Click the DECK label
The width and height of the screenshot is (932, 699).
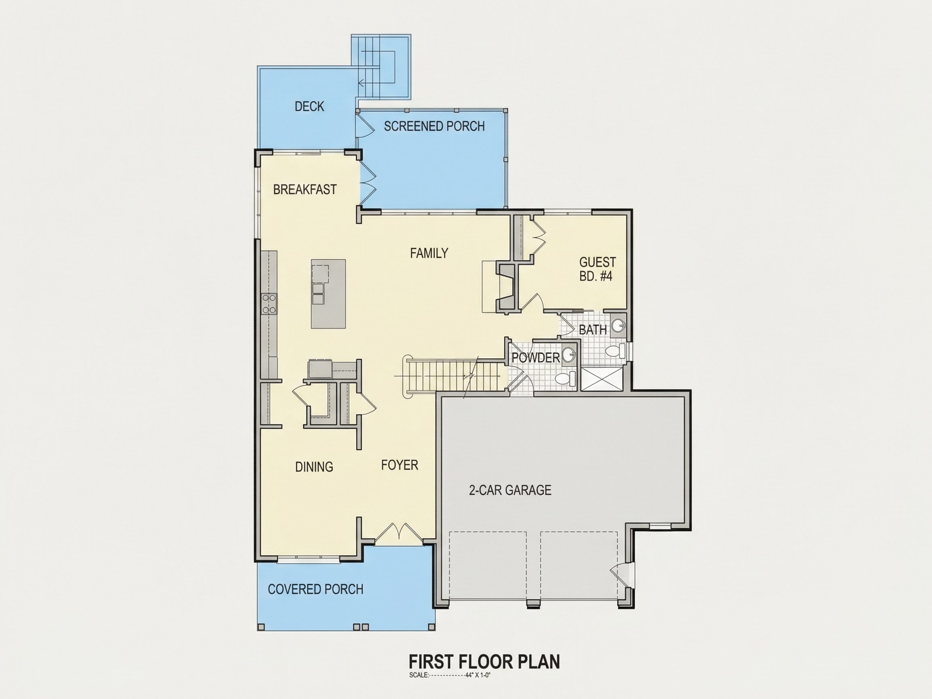click(x=309, y=107)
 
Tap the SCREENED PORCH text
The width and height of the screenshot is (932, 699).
click(x=434, y=126)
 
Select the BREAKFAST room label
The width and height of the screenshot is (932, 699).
click(x=305, y=190)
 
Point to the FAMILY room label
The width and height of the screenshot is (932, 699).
click(x=429, y=253)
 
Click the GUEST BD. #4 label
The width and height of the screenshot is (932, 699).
click(x=597, y=269)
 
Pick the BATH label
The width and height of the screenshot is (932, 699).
click(x=593, y=330)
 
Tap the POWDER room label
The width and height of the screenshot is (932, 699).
click(x=536, y=358)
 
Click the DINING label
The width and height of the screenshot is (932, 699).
click(x=314, y=467)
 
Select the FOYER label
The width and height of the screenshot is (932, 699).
click(x=399, y=465)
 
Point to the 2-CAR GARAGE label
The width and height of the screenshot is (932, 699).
click(x=510, y=490)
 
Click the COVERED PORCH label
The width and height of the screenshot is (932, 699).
click(x=316, y=589)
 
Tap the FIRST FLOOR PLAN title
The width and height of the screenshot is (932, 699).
click(x=485, y=662)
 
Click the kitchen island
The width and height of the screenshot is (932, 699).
click(x=328, y=294)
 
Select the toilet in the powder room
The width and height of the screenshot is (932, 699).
click(x=565, y=378)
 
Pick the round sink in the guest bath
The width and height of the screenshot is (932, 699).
click(x=618, y=325)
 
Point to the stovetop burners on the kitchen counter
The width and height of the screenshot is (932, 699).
click(x=269, y=304)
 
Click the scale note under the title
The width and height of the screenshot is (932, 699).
click(x=450, y=675)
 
